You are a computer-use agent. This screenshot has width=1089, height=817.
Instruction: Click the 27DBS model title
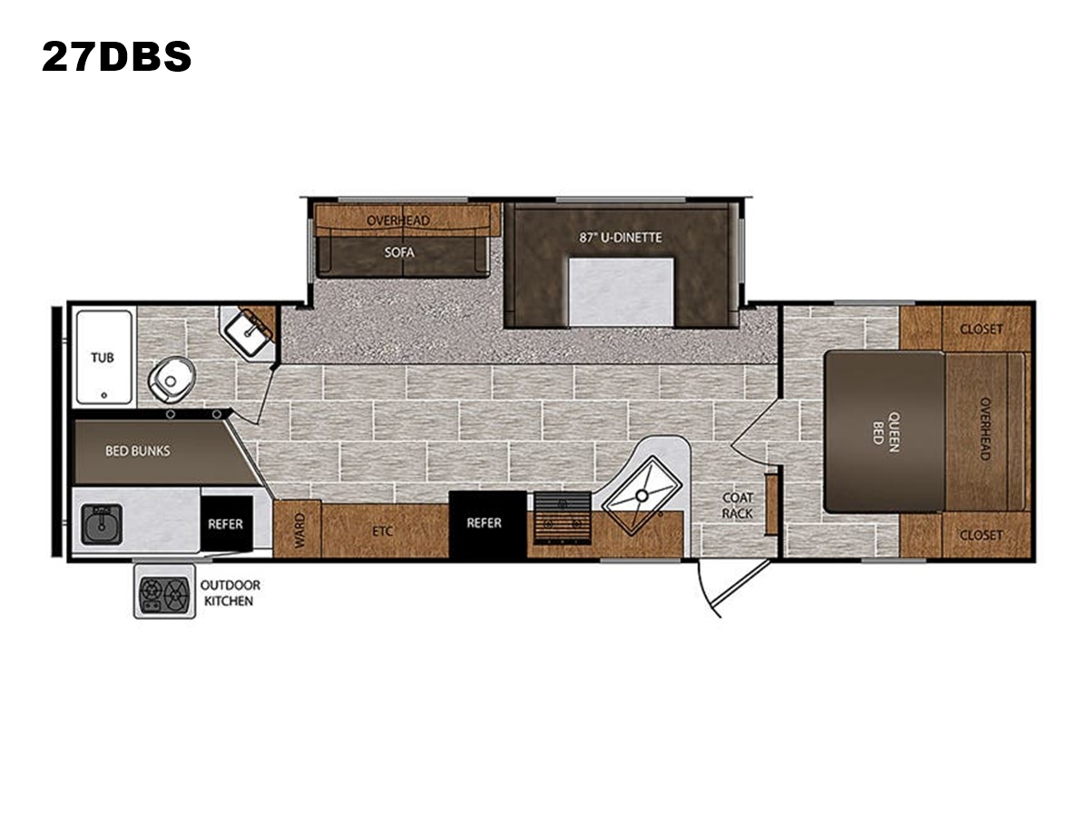(x=116, y=56)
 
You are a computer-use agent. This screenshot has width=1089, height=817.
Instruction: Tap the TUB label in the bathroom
(x=103, y=358)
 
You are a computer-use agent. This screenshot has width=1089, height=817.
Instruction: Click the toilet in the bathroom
(x=172, y=380)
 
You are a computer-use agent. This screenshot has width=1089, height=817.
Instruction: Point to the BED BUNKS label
(x=137, y=451)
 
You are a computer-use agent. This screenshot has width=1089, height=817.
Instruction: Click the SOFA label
(x=399, y=252)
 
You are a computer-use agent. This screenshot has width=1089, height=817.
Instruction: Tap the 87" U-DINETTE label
(x=620, y=238)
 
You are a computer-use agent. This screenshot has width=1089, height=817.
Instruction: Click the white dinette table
(x=621, y=291)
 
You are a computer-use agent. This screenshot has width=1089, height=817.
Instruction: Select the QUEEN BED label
(x=886, y=431)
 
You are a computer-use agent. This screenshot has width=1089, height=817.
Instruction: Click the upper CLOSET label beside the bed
(x=981, y=329)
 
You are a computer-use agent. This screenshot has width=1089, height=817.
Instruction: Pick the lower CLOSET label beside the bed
(x=981, y=536)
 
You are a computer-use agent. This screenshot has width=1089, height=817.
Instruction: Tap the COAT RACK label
(x=737, y=506)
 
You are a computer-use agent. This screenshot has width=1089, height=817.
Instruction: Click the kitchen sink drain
(x=642, y=495)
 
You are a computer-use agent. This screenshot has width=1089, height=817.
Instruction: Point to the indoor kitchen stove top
(x=563, y=517)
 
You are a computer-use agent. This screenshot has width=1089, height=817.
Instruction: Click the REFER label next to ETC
(x=484, y=523)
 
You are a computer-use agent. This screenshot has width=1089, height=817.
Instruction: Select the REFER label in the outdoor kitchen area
(x=225, y=525)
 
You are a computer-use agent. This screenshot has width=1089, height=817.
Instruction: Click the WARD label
(x=299, y=531)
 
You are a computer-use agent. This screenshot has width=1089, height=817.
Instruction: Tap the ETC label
(x=383, y=531)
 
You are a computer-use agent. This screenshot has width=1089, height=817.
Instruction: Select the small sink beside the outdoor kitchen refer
(x=102, y=524)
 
